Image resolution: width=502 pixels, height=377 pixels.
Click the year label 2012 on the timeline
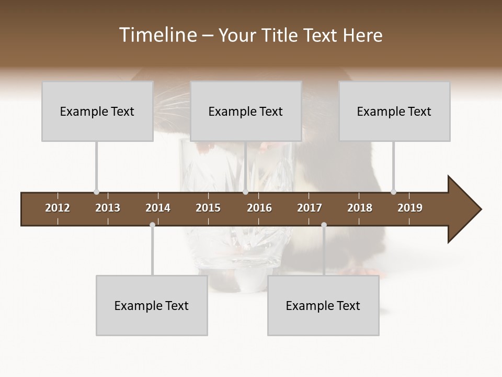(58, 208)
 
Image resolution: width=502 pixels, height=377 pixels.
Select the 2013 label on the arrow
(108, 208)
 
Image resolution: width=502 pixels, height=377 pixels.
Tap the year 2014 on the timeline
(158, 208)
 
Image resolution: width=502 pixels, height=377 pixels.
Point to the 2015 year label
(208, 208)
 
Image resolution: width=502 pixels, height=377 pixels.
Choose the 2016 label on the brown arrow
(259, 208)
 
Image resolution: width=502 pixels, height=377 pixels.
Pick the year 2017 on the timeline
(310, 208)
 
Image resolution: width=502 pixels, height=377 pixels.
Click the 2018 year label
(360, 208)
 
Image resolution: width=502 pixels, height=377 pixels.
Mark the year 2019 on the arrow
(410, 208)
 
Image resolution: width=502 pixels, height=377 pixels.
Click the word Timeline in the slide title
(157, 35)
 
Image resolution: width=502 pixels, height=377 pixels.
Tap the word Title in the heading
(281, 36)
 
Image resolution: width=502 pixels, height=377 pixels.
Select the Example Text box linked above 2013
(97, 111)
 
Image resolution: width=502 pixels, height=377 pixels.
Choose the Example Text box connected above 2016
(246, 111)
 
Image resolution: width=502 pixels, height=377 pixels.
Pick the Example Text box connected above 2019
(394, 111)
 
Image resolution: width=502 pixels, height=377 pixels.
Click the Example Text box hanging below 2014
(152, 305)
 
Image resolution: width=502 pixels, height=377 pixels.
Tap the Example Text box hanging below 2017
(323, 305)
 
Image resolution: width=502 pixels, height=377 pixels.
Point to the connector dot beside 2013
(96, 192)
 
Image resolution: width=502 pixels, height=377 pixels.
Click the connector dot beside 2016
(245, 192)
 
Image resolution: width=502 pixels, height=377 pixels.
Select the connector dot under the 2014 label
(152, 225)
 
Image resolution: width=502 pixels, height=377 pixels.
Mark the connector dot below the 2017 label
(324, 225)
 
